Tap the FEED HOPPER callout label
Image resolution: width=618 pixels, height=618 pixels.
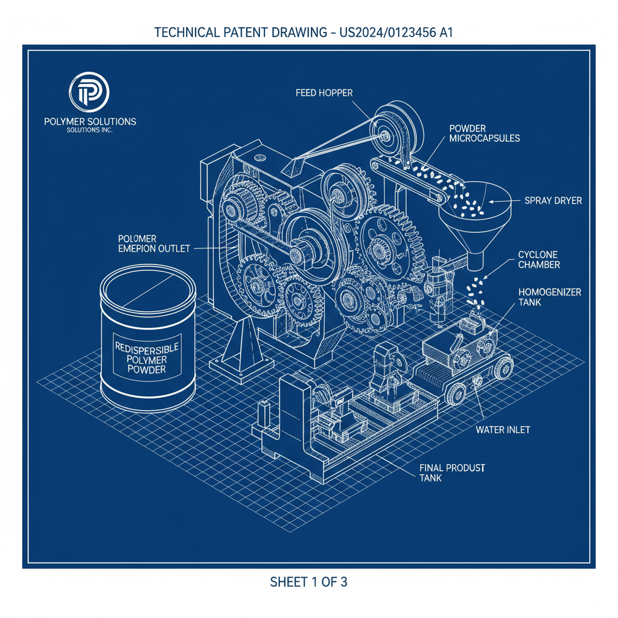pos(324,93)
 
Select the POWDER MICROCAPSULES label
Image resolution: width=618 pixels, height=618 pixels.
pos(485,133)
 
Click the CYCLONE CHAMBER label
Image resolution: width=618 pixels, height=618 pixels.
pos(539,260)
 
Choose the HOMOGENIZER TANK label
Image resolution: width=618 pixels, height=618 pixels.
pos(549,297)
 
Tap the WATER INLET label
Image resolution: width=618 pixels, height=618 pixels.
pos(503,430)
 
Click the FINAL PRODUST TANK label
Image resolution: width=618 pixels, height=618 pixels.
pos(452,473)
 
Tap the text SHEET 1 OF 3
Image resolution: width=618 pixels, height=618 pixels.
pos(308,582)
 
